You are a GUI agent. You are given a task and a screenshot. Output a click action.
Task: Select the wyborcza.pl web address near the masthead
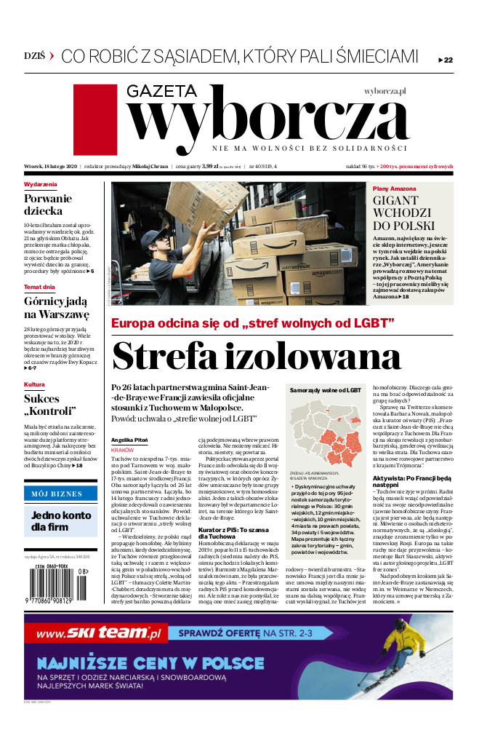pos(385,91)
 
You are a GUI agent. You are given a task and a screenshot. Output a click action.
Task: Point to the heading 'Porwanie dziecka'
pos(48,205)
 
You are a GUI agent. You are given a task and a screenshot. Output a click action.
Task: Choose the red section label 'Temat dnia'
pos(39,287)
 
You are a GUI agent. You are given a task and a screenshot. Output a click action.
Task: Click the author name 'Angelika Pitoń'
pos(129,440)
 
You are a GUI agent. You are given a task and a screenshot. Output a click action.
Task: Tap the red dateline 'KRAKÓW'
pos(122,451)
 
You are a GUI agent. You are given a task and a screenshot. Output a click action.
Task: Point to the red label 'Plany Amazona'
pos(395,189)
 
